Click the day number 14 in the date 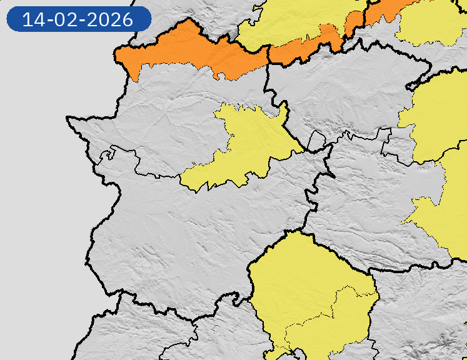pos(35,19)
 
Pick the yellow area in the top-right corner pos(431,22)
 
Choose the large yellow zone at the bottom pos(306,287)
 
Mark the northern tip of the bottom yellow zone pos(289,232)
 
